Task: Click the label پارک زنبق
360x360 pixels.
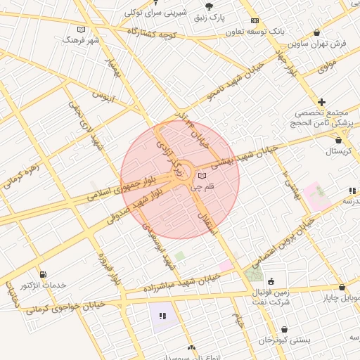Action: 209,15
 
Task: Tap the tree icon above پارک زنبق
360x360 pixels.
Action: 209,5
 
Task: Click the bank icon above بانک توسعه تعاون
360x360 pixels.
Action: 255,21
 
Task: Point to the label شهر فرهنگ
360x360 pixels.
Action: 82,40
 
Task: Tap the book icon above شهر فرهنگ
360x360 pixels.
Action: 82,30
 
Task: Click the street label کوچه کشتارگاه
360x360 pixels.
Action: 152,34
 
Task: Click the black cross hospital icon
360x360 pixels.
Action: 322,103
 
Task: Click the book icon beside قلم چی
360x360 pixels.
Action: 202,176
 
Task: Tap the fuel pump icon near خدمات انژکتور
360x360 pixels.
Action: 44,274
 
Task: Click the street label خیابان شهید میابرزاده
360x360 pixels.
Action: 190,282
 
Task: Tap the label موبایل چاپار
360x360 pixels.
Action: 342,298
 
